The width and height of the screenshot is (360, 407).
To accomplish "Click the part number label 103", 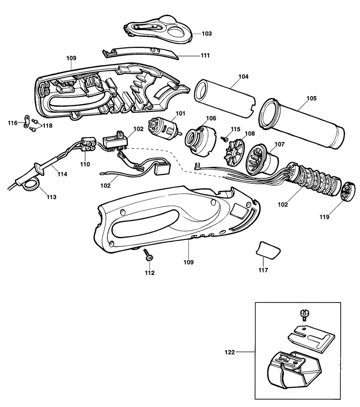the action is tap(207, 34).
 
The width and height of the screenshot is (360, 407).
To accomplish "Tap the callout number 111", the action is tap(205, 56).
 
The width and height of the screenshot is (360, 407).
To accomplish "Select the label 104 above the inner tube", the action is tap(244, 76).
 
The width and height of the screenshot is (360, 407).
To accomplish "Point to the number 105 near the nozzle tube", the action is tap(312, 99).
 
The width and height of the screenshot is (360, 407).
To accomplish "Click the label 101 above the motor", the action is tap(180, 113).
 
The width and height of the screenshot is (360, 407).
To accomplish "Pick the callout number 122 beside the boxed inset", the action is tap(230, 352).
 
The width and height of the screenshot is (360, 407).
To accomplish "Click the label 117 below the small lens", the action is tap(263, 270).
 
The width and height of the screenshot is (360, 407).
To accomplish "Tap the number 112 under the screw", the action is tap(149, 273).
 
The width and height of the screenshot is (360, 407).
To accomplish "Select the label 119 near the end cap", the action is tap(324, 217).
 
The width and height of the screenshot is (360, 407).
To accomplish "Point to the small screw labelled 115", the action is tap(225, 138).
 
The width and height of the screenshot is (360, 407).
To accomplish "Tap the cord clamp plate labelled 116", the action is tap(26, 121).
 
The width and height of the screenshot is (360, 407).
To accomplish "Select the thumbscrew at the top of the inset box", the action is tap(304, 314).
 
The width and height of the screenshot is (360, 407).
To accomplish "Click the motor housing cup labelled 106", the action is tap(200, 140).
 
